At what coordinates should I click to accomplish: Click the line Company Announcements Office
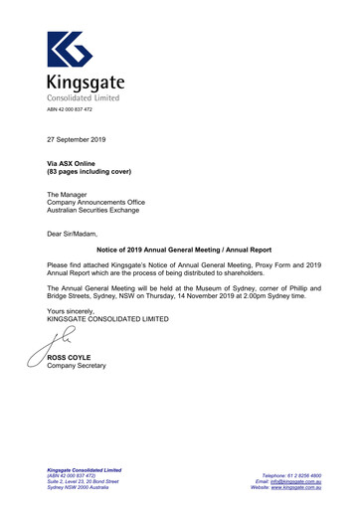tap(96, 202)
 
